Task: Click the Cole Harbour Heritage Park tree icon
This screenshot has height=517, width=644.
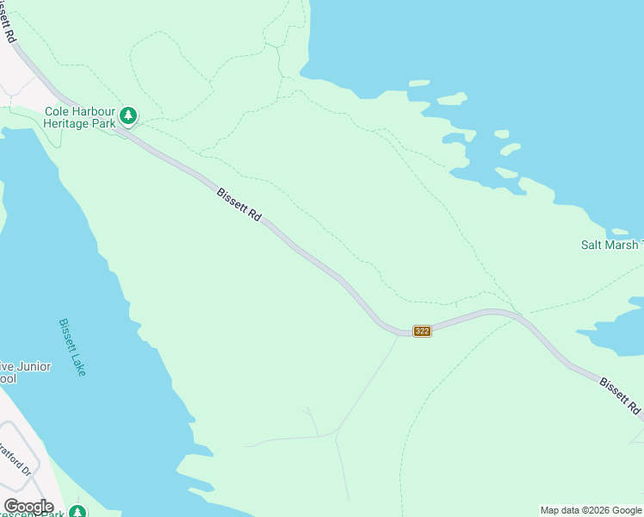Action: point(128,114)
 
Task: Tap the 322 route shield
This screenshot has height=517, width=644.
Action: point(422,331)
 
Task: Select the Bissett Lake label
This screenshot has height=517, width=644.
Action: point(72,347)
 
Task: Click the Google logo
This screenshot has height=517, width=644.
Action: point(28,507)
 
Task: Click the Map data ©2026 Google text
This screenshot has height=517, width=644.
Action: point(591,510)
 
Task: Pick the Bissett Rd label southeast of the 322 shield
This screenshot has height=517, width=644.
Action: point(620,394)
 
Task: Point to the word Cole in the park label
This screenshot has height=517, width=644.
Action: point(57,110)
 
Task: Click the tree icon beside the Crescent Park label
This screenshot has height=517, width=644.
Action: point(77,512)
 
